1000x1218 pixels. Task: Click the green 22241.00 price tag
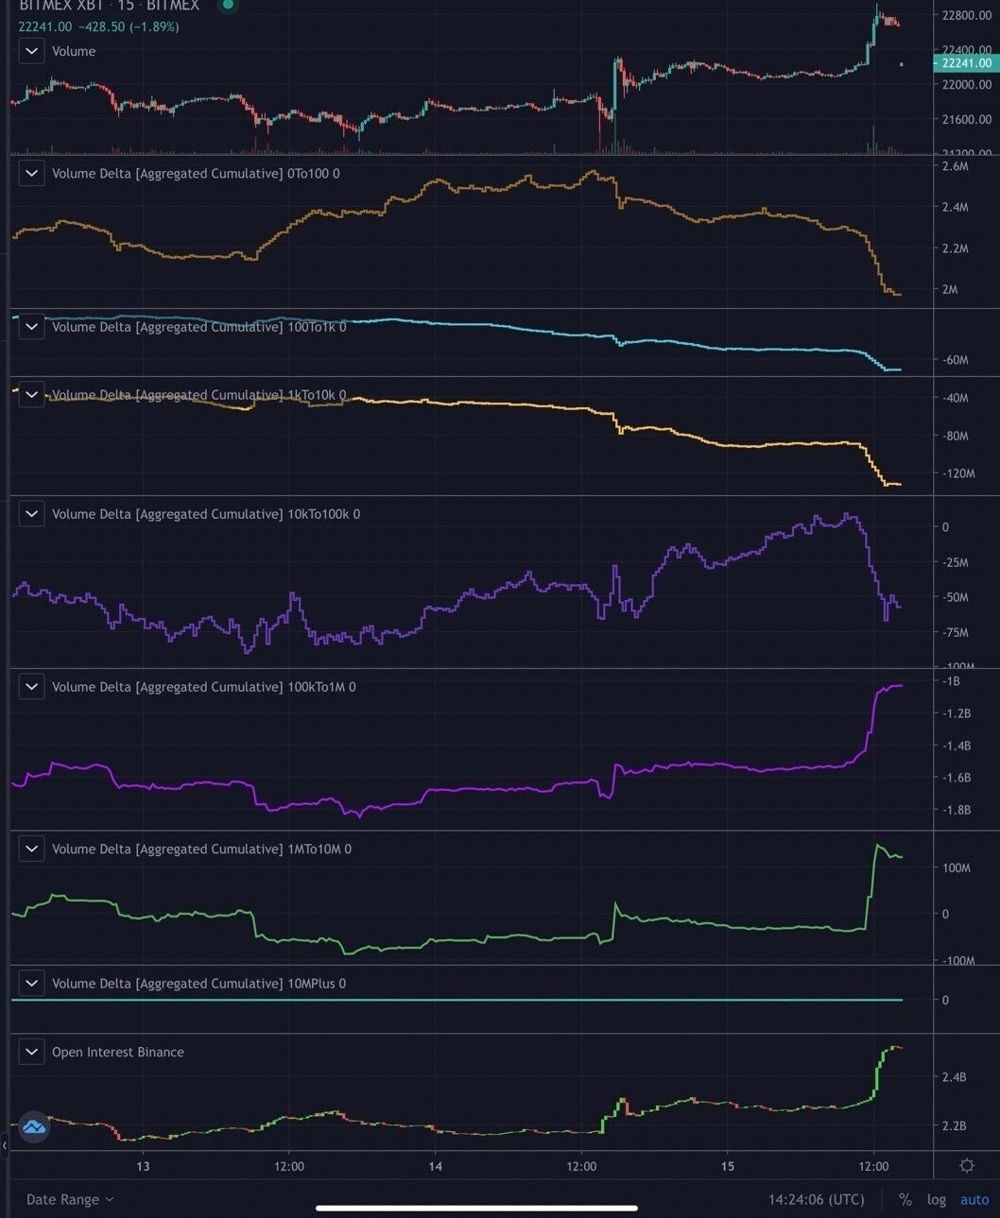[x=965, y=63]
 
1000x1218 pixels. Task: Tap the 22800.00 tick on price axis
[x=966, y=15]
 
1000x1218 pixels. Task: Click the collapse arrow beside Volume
[x=32, y=51]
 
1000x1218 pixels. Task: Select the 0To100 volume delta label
[x=195, y=174]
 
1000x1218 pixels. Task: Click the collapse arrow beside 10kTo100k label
[x=32, y=514]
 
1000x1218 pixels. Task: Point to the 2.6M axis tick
[x=955, y=166]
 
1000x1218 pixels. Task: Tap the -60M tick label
[x=955, y=360]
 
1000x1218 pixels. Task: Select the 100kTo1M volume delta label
[x=203, y=687]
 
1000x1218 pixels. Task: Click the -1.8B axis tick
[x=957, y=810]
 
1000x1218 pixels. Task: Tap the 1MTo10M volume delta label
[x=200, y=849]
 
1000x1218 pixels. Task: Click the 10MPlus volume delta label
[x=198, y=984]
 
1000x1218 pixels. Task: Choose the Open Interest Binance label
[x=117, y=1052]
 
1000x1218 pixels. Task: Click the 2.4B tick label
[x=954, y=1077]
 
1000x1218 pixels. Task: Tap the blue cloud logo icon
[x=34, y=1126]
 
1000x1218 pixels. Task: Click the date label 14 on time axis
[x=435, y=1166]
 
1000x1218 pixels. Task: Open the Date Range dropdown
[x=70, y=1199]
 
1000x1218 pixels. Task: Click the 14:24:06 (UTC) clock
[x=816, y=1199]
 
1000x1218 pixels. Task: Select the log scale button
[x=936, y=1199]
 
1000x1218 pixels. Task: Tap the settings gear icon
[x=966, y=1166]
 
